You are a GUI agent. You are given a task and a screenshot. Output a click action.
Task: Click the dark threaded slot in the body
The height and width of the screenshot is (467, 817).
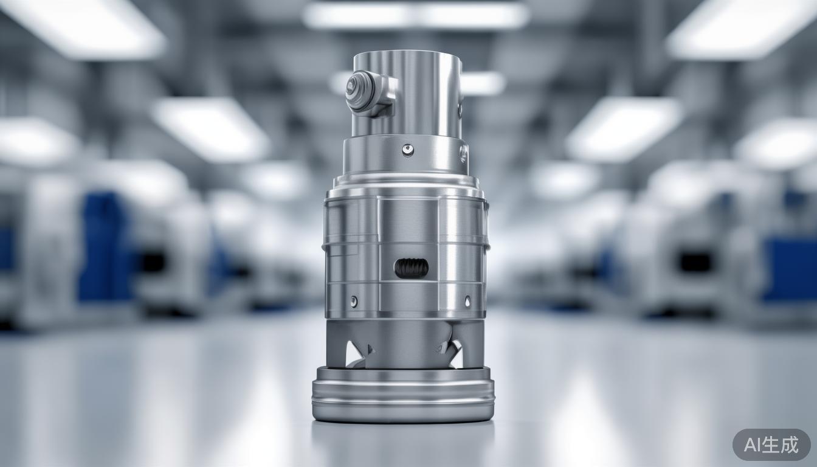click(x=412, y=268)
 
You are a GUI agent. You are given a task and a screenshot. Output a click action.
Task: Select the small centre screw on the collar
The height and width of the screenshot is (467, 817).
click(x=407, y=149)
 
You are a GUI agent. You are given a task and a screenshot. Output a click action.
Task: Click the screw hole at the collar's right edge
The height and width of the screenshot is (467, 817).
click(x=463, y=153)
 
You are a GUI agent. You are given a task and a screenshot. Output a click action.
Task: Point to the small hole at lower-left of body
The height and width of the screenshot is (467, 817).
click(x=354, y=301)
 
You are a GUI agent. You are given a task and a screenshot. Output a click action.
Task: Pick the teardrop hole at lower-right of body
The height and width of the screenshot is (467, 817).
click(x=467, y=301)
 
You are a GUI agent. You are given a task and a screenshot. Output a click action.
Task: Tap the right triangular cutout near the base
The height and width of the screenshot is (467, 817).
click(x=452, y=353)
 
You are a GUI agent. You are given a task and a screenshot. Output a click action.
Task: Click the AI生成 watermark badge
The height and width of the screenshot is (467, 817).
click(x=771, y=445)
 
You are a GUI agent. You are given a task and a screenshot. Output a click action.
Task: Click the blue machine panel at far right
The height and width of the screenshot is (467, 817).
click(x=790, y=268)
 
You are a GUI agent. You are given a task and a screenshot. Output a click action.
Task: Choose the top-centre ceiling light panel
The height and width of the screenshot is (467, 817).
click(x=416, y=15)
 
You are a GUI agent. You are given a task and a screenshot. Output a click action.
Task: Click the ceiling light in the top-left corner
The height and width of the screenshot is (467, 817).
click(x=85, y=27)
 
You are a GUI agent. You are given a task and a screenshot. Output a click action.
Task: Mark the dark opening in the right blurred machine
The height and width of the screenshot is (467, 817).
click(x=695, y=261)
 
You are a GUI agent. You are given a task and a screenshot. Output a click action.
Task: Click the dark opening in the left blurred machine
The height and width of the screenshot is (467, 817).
click(x=152, y=261)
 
